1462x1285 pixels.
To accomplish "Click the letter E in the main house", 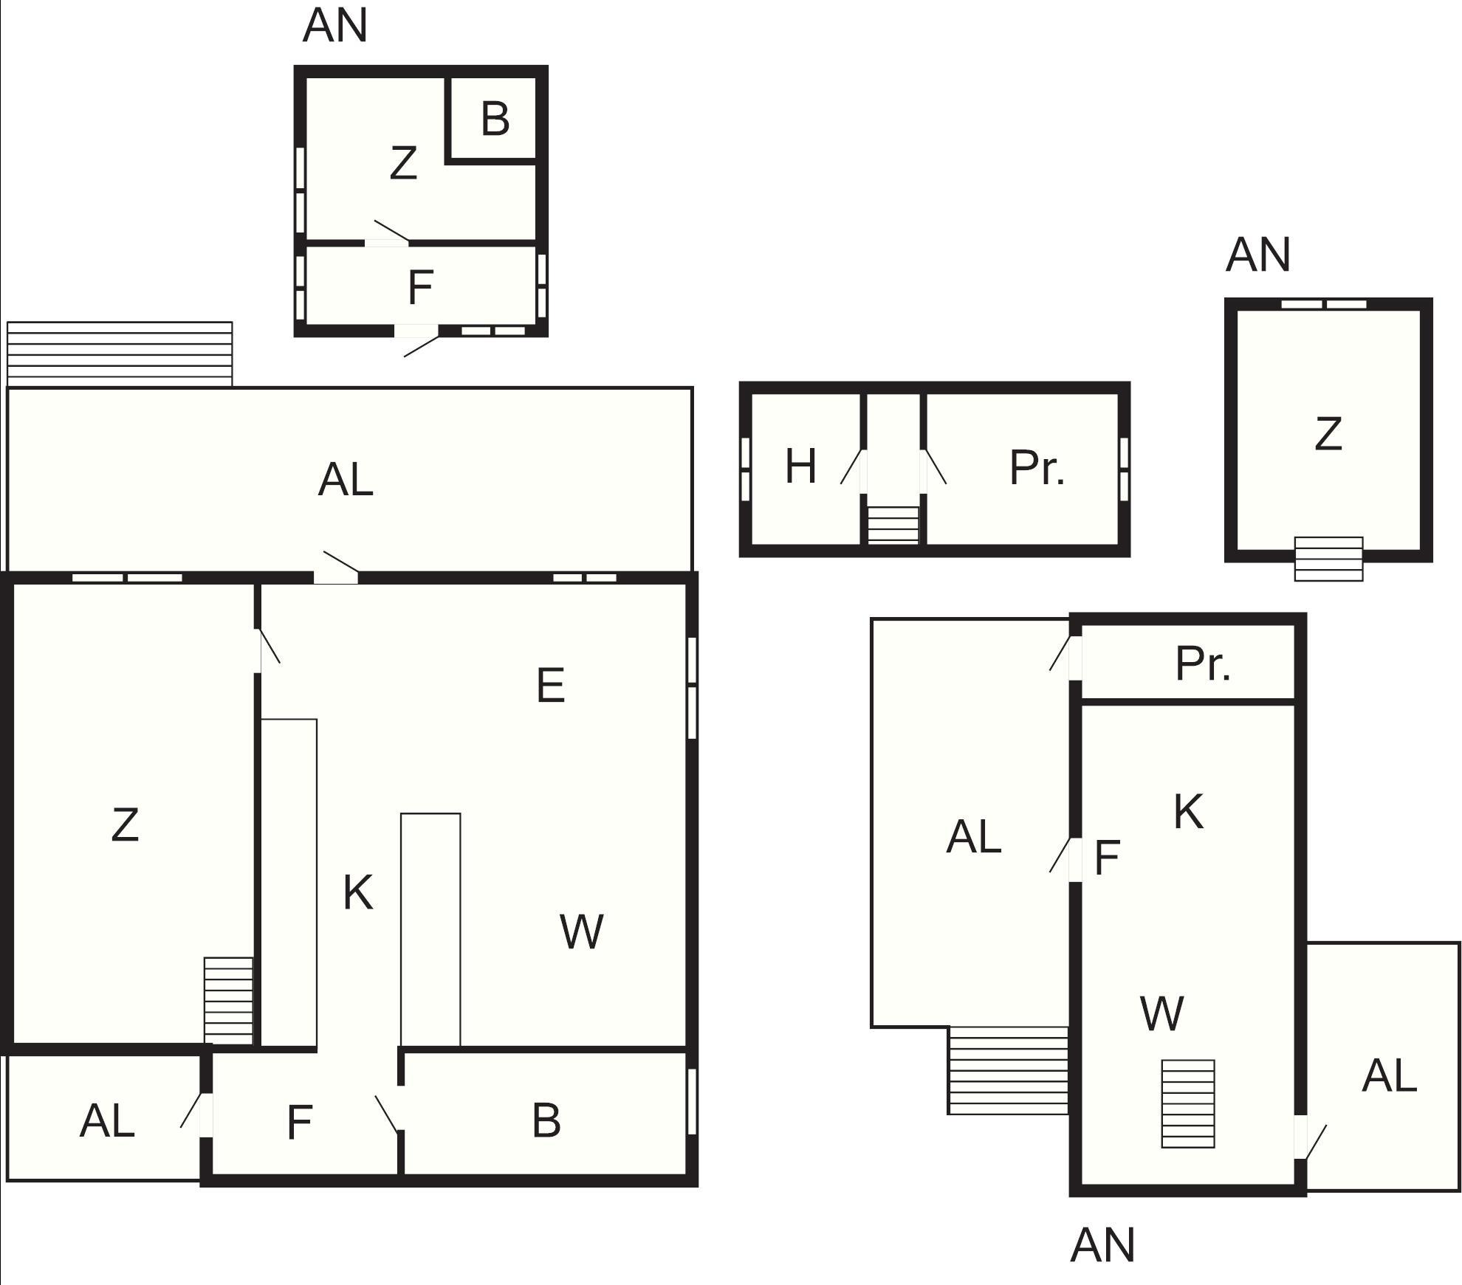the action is coord(551,685).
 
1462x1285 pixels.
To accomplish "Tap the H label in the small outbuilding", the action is coord(800,466).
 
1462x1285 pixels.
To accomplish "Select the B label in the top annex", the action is coord(495,119).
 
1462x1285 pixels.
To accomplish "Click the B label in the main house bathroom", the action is coord(546,1120).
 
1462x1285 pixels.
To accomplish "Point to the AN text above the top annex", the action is coord(335,25).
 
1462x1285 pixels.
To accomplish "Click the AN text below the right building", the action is coord(1102,1245).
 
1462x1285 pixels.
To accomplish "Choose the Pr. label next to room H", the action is coord(1037,468).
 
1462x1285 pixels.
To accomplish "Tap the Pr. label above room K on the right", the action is coord(1203,664).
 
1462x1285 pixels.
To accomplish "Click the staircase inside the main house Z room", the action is coord(228,1001).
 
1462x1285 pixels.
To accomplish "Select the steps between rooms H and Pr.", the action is coord(893,526).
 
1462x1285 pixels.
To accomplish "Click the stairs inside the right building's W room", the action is coord(1188,1104).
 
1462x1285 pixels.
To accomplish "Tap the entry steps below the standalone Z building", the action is coord(1328,559).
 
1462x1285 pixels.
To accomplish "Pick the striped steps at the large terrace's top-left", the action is coord(120,354).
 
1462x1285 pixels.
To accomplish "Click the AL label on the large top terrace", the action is coord(346,480).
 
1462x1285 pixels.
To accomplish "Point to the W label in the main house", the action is coord(582,931).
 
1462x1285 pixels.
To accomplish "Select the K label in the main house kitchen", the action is coord(358,892).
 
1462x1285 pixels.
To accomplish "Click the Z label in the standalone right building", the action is coord(1328,434).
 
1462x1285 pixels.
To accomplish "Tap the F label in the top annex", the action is coord(420,288).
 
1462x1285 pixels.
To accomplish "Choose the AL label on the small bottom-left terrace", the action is coord(107,1121).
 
